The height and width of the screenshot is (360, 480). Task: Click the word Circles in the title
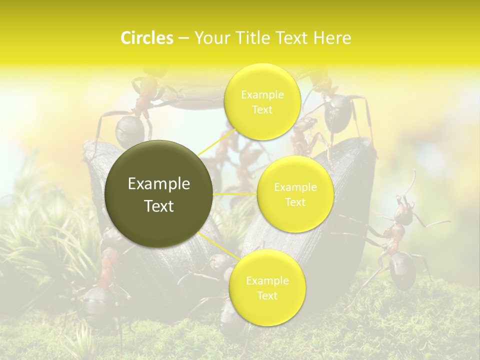tap(146, 38)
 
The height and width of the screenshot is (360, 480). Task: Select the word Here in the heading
tap(332, 38)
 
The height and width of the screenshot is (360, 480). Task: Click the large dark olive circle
tap(159, 194)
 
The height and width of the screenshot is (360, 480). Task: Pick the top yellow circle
tap(262, 101)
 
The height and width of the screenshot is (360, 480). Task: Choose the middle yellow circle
tap(295, 194)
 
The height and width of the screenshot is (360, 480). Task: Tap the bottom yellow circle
tap(267, 288)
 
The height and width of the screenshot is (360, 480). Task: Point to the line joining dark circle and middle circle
tap(235, 194)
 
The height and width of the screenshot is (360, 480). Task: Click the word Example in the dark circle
tap(159, 184)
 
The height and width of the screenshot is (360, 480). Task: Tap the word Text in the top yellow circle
tap(262, 110)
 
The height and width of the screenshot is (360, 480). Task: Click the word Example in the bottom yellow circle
tap(267, 281)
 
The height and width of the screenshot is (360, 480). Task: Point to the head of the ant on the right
tap(403, 213)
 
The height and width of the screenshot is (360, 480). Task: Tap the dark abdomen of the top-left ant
tap(129, 131)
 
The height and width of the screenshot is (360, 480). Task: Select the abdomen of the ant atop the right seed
tap(338, 111)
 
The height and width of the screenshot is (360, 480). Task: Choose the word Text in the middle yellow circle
tap(295, 202)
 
